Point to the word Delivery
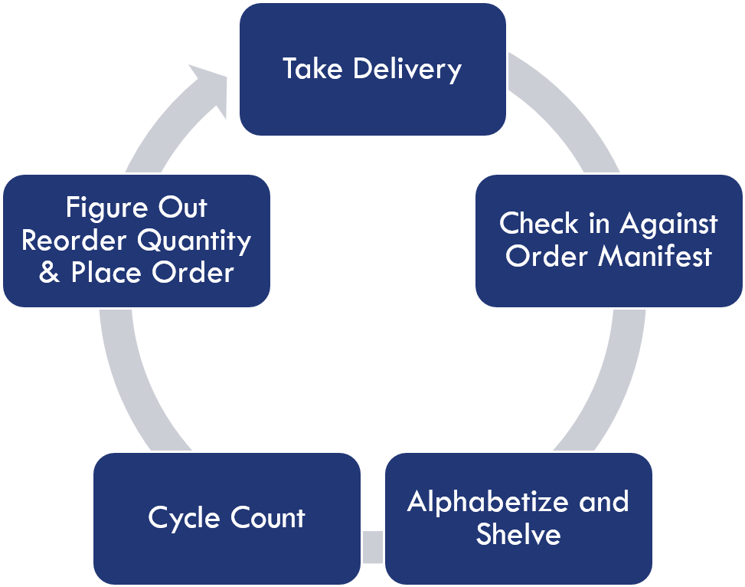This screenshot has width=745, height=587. click(407, 69)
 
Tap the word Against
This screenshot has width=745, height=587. click(668, 224)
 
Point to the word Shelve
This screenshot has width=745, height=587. click(518, 533)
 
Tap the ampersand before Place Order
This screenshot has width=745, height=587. click(49, 274)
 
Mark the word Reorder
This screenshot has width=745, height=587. click(74, 241)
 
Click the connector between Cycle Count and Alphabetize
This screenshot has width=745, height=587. click(372, 546)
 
